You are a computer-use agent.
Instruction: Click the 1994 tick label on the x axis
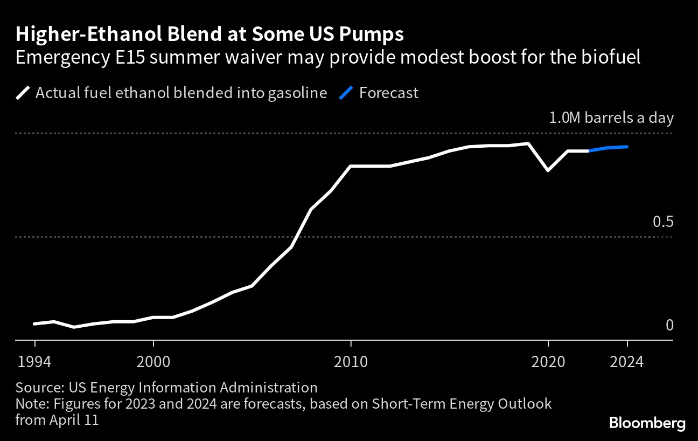pyautogui.click(x=35, y=361)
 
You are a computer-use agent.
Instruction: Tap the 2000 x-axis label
pyautogui.click(x=153, y=361)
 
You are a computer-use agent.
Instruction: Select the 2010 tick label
pyautogui.click(x=351, y=361)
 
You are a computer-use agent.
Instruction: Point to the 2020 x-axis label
pyautogui.click(x=548, y=361)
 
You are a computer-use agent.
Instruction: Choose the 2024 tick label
pyautogui.click(x=627, y=361)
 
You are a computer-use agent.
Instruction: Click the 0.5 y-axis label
pyautogui.click(x=663, y=222)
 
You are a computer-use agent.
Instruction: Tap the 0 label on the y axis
pyautogui.click(x=669, y=325)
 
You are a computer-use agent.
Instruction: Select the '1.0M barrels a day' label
pyautogui.click(x=611, y=118)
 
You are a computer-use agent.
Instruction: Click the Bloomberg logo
pyautogui.click(x=647, y=423)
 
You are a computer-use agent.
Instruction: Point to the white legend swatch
pyautogui.click(x=23, y=93)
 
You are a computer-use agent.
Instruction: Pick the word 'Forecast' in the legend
pyautogui.click(x=389, y=93)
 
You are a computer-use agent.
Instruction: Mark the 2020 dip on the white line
pyautogui.click(x=548, y=170)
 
